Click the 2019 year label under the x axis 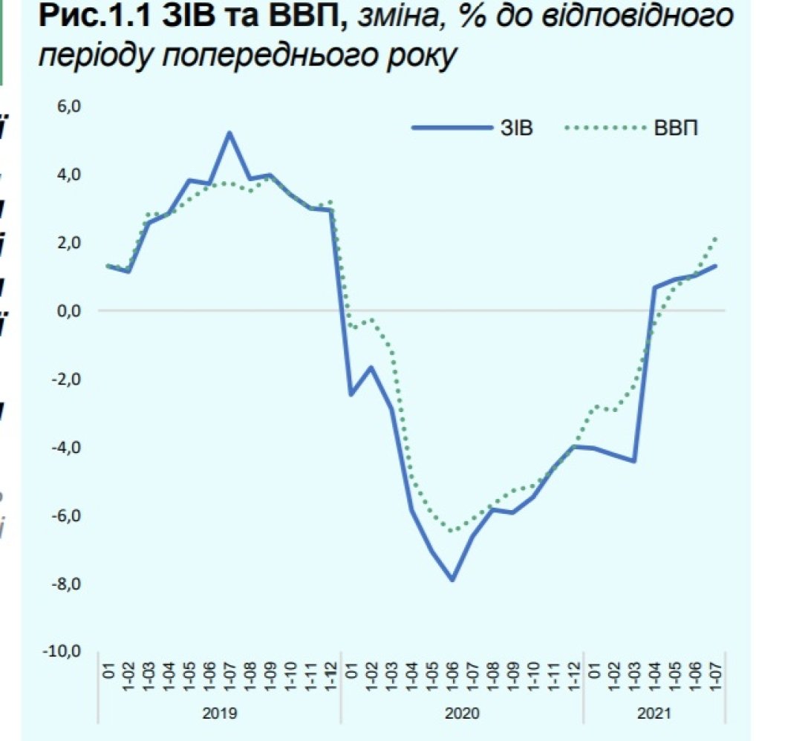[220, 714]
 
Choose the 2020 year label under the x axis [462, 714]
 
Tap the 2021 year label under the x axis [654, 714]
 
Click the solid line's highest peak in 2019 [229, 134]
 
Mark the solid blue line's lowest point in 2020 [452, 579]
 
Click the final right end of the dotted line [716, 238]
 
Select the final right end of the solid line [716, 265]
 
